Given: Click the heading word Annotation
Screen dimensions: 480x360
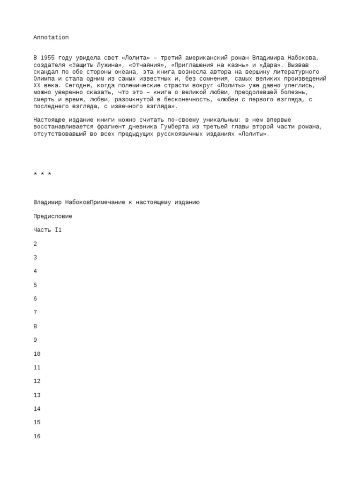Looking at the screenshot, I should (51, 37).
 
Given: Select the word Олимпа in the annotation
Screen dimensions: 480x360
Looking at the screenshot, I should (45, 79).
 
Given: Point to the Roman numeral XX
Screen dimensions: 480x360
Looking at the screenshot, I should (37, 86).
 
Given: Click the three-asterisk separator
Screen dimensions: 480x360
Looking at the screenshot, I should (42, 175).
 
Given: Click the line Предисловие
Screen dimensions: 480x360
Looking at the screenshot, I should (52, 217).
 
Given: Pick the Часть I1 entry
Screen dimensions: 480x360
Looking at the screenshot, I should (47, 230).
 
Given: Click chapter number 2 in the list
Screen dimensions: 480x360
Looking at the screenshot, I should (35, 244).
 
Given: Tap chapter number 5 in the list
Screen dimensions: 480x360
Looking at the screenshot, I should (35, 285).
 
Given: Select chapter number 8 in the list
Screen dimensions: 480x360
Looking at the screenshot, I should (35, 326).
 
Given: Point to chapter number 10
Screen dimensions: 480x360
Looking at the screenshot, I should (37, 354).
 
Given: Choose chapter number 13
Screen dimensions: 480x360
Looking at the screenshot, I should (37, 395).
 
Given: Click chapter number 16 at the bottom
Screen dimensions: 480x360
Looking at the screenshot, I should (37, 436).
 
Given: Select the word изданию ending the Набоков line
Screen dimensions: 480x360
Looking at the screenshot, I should (186, 202).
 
